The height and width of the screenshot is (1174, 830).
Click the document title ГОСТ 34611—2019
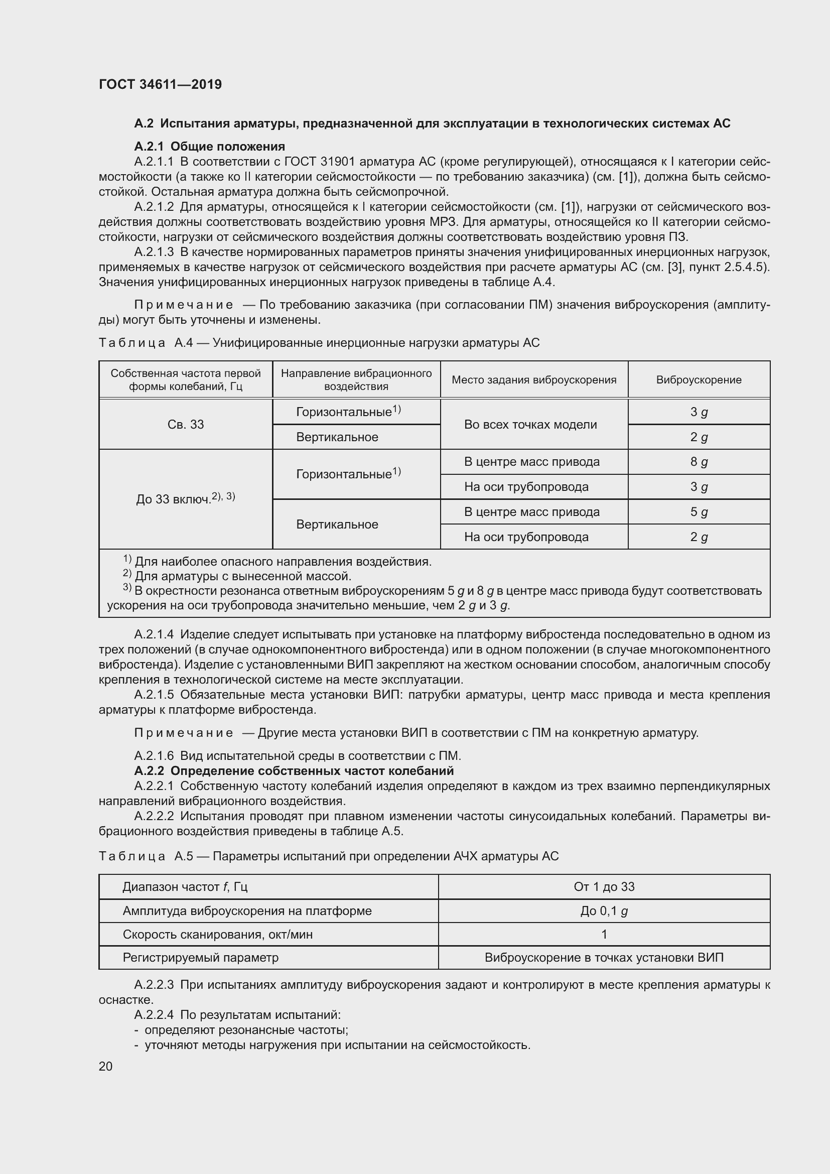pyautogui.click(x=160, y=84)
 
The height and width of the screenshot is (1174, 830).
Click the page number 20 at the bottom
pyautogui.click(x=105, y=1066)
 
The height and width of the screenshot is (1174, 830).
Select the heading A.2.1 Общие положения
pyautogui.click(x=210, y=147)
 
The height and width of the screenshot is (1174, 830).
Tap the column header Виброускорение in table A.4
pyautogui.click(x=698, y=379)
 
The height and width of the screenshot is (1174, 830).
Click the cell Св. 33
pyautogui.click(x=186, y=425)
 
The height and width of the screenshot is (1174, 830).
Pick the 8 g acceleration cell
pyautogui.click(x=699, y=462)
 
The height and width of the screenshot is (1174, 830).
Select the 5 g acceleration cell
pyautogui.click(x=699, y=512)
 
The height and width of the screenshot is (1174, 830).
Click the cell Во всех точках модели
pyautogui.click(x=530, y=425)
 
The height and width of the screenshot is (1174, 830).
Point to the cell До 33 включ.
pyautogui.click(x=185, y=498)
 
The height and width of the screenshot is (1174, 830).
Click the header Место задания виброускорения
pyautogui.click(x=533, y=379)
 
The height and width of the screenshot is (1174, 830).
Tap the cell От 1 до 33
pyautogui.click(x=604, y=886)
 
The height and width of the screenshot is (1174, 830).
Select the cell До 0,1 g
pyautogui.click(x=604, y=910)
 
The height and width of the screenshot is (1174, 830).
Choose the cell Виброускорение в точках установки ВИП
pyautogui.click(x=604, y=957)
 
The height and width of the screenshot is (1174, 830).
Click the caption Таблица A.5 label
pyautogui.click(x=146, y=856)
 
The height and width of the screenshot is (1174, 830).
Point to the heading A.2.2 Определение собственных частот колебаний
pyautogui.click(x=294, y=770)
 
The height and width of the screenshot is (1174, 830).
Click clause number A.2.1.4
pyautogui.click(x=154, y=634)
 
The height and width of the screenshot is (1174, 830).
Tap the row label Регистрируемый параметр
pyautogui.click(x=200, y=957)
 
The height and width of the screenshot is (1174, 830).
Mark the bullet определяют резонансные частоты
pyautogui.click(x=246, y=1030)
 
